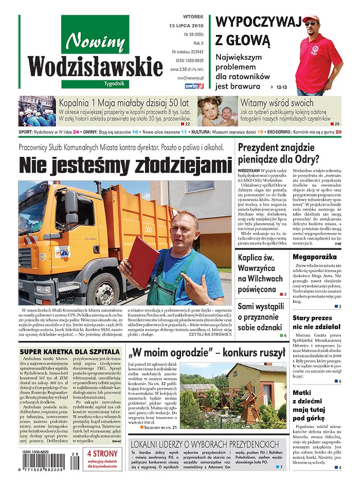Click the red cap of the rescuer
[x=311, y=19]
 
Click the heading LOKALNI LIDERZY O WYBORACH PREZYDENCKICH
[x=205, y=444]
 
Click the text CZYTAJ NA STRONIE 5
[x=210, y=334]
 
